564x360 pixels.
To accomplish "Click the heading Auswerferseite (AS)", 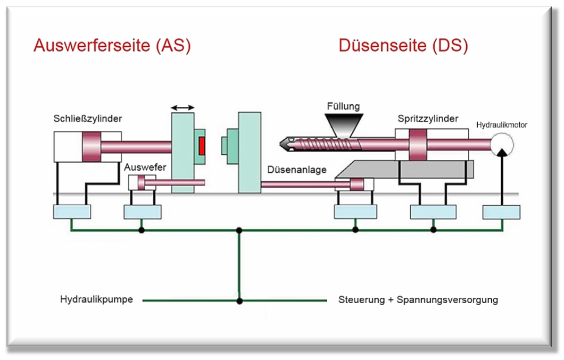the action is (112, 46).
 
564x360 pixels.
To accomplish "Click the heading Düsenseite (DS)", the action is (403, 46).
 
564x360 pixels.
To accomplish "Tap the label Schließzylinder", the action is (88, 119).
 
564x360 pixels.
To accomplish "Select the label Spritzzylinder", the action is (428, 119).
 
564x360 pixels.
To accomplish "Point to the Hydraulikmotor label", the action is (502, 125).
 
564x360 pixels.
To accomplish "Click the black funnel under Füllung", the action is (344, 125).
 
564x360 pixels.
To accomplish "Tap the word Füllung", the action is (344, 106).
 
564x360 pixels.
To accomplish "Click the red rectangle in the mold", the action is (202, 146).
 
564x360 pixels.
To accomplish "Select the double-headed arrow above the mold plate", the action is (183, 107).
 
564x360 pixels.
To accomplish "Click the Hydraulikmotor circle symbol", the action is (502, 145).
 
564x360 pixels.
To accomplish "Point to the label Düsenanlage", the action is (297, 170).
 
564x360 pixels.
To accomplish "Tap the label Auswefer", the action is (145, 167).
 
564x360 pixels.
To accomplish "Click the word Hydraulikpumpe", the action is (96, 299).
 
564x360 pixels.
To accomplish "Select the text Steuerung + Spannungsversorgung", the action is (418, 299).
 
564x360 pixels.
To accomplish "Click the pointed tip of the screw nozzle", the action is (280, 145).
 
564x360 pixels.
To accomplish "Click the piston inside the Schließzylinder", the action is (92, 146).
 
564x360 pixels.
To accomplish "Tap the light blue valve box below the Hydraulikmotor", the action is (501, 212).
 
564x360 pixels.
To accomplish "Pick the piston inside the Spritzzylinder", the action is (418, 145).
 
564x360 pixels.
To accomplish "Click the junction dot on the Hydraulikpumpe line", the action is (239, 300).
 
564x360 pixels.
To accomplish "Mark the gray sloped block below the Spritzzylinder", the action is (404, 170).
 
